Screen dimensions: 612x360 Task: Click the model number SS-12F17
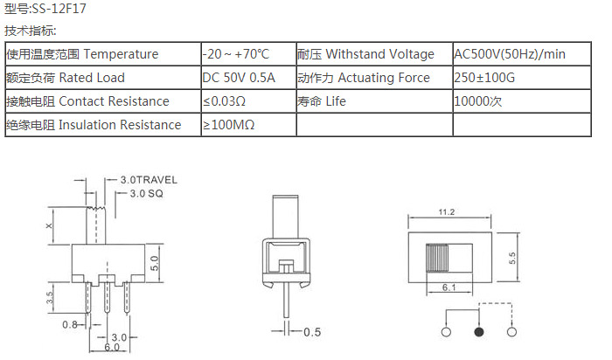pyautogui.click(x=59, y=9)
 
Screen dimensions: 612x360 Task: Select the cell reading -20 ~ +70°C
pyautogui.click(x=236, y=54)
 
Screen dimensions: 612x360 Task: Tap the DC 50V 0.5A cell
pyautogui.click(x=239, y=78)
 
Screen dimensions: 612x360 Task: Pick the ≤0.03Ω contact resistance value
pyautogui.click(x=224, y=101)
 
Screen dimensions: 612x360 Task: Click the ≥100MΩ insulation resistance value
pyautogui.click(x=229, y=125)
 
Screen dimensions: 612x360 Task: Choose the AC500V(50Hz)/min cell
pyautogui.click(x=510, y=54)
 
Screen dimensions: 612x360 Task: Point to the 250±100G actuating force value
pyautogui.click(x=484, y=78)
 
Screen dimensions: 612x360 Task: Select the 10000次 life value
pyautogui.click(x=477, y=101)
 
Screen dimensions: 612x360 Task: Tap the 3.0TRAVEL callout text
pyautogui.click(x=149, y=180)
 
